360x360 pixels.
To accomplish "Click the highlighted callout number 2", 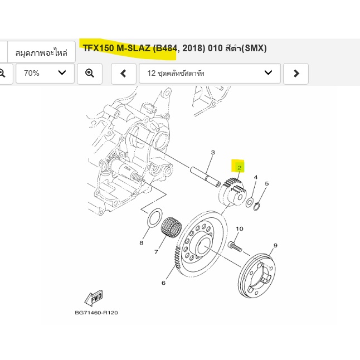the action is (x=239, y=168).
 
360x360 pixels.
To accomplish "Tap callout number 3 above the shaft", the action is (x=213, y=153).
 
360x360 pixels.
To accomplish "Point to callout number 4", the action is (x=256, y=177).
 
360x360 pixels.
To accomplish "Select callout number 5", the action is (x=266, y=184).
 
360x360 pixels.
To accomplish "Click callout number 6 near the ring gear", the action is (x=163, y=283).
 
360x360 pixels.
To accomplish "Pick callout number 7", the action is (x=156, y=252).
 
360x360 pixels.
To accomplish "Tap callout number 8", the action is (x=141, y=242).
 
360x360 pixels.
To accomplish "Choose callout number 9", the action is (x=275, y=245).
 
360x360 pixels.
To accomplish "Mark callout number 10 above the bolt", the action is (x=240, y=228).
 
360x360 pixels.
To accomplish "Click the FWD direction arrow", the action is (x=94, y=298).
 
